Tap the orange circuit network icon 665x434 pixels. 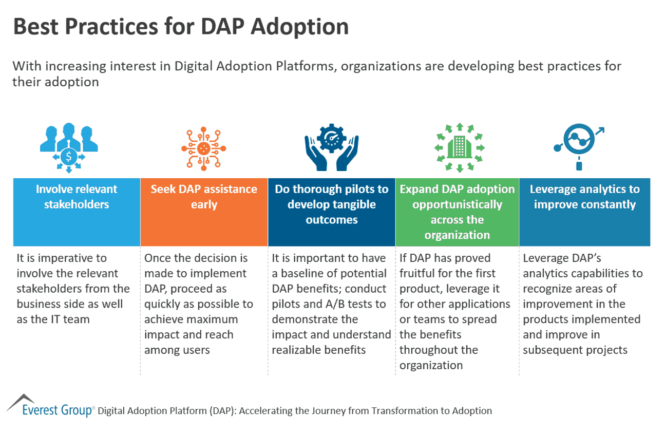[203, 148]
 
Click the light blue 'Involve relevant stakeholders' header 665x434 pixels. [77, 212]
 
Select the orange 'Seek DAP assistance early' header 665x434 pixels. [204, 212]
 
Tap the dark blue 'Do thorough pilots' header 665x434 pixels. [331, 212]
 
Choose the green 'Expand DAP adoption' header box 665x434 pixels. [457, 212]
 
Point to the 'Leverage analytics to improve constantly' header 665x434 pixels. [584, 212]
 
